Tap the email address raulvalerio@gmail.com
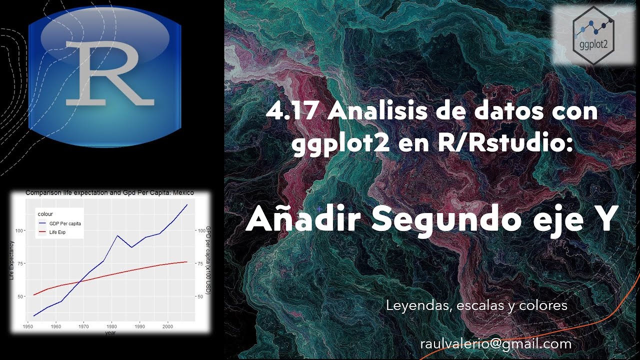[x=495, y=343]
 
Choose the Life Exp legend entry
[x=57, y=232]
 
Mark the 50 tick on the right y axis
[x=200, y=296]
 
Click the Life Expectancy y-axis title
[x=12, y=260]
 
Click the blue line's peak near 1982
[x=117, y=235]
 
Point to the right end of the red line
[x=187, y=261]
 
